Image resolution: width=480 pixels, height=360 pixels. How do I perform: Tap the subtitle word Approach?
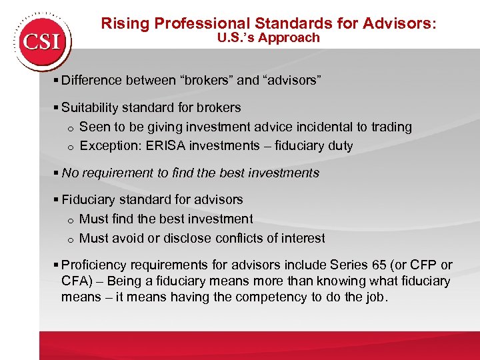(x=291, y=38)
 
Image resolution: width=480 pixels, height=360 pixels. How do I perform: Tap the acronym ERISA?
(x=165, y=146)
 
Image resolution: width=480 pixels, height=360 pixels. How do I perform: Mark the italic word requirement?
(x=117, y=173)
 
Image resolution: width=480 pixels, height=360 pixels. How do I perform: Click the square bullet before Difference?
(x=57, y=81)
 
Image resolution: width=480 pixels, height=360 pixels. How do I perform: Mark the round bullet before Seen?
(x=69, y=128)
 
